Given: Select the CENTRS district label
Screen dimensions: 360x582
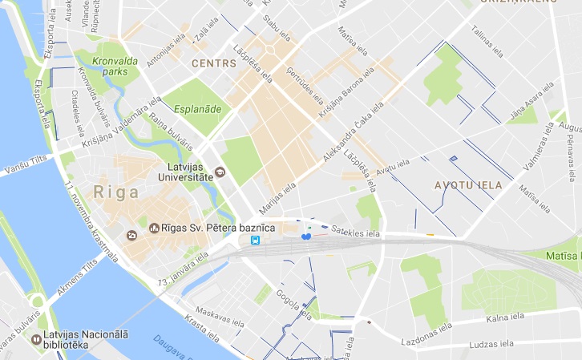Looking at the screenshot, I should click(213, 62).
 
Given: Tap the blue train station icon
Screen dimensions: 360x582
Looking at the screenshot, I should click(255, 240).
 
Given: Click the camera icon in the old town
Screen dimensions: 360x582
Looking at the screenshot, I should click(131, 236).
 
